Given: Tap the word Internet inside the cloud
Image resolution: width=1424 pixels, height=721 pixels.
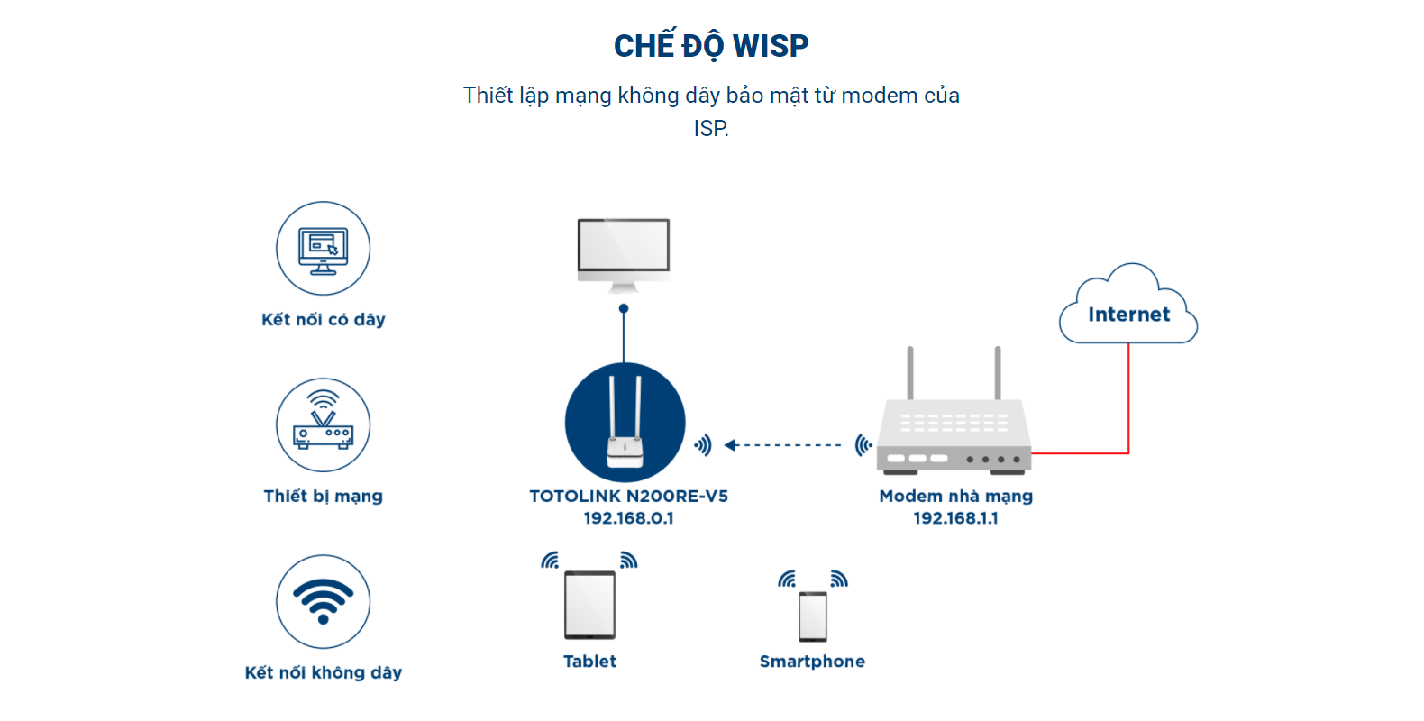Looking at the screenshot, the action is pyautogui.click(x=1128, y=315).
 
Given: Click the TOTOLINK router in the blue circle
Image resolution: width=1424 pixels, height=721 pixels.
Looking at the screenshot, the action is pyautogui.click(x=625, y=422).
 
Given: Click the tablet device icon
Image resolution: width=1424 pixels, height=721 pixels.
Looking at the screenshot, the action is pyautogui.click(x=590, y=605).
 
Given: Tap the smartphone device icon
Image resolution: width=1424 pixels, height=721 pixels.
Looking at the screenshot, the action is pyautogui.click(x=813, y=616).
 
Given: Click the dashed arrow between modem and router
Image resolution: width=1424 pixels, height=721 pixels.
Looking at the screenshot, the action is pyautogui.click(x=783, y=445).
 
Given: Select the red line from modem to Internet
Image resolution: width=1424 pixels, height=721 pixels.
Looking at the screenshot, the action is pyautogui.click(x=1128, y=406).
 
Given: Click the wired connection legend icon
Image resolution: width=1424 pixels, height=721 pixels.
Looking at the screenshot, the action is pyautogui.click(x=323, y=249).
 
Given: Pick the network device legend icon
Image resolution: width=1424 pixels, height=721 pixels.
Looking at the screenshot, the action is pyautogui.click(x=323, y=424).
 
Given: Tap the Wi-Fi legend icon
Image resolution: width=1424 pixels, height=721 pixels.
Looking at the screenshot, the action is pyautogui.click(x=323, y=601).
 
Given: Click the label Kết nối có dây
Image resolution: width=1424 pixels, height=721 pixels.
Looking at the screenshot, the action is pyautogui.click(x=323, y=319).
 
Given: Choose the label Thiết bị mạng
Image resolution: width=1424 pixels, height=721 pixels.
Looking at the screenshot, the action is pyautogui.click(x=323, y=497).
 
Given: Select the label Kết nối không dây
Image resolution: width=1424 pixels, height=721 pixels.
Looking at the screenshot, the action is pyautogui.click(x=323, y=672).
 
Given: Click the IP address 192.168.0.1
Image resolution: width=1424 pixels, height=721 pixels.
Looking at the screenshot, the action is pyautogui.click(x=629, y=518).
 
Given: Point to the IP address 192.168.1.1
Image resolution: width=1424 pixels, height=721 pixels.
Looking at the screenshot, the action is pyautogui.click(x=955, y=518).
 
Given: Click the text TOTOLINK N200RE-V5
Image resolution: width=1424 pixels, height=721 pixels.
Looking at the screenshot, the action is pyautogui.click(x=629, y=496).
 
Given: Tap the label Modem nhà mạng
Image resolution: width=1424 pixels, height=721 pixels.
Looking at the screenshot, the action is pyautogui.click(x=955, y=496).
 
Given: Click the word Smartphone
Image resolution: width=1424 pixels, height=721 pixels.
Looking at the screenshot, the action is pyautogui.click(x=812, y=662).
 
